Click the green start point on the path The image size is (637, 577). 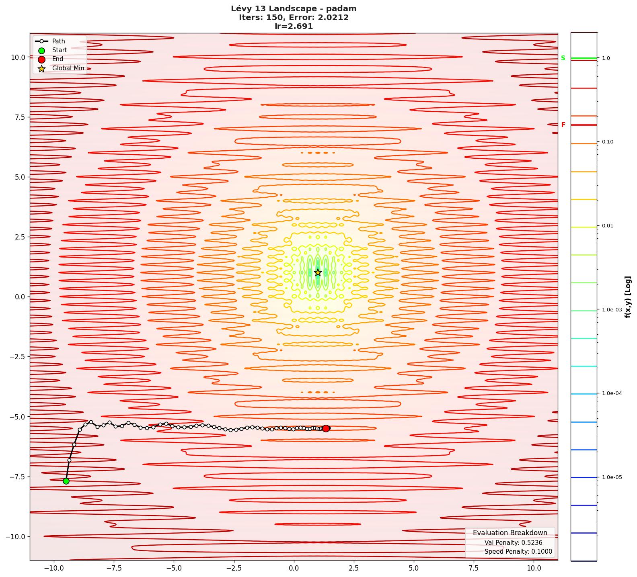(x=66, y=481)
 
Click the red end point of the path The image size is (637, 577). (x=326, y=428)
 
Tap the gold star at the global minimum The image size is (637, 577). (x=318, y=272)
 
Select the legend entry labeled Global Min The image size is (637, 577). (x=68, y=68)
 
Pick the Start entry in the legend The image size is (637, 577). (x=60, y=50)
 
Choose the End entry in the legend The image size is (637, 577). (x=58, y=59)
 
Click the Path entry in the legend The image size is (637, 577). (x=58, y=41)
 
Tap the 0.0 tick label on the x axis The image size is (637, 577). (x=294, y=569)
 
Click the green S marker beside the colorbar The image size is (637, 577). (x=563, y=58)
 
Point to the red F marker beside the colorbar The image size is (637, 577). (x=563, y=125)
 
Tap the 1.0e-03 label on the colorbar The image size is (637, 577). (x=612, y=310)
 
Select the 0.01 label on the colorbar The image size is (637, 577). (x=608, y=226)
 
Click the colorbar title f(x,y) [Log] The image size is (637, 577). (x=628, y=297)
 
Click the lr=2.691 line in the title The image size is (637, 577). (x=294, y=27)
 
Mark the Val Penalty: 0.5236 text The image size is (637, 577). (x=513, y=543)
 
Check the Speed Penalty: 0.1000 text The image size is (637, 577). (x=518, y=552)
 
